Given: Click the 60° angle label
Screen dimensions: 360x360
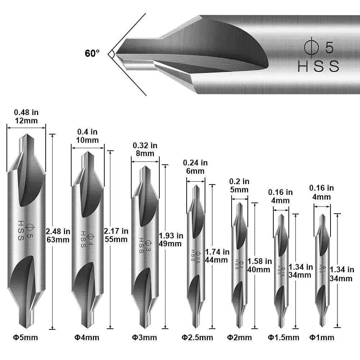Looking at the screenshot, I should [x=92, y=54].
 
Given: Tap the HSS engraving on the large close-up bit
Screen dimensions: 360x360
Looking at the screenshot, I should [x=318, y=67].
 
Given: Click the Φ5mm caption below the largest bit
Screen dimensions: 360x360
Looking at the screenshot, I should [x=26, y=337].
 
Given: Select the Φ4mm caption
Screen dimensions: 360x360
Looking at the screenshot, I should [x=87, y=337].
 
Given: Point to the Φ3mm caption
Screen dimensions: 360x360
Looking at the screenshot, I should [x=144, y=337].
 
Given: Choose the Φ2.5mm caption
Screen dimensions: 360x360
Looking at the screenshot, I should [x=197, y=337].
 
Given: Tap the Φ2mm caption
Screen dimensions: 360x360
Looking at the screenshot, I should [x=239, y=337].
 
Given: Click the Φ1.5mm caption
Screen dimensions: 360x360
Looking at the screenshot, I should [x=283, y=337].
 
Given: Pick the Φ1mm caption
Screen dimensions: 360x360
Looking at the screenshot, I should [x=322, y=337].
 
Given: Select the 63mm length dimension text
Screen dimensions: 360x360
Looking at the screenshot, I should [x=58, y=240].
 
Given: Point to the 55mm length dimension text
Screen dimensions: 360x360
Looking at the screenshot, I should [x=115, y=240].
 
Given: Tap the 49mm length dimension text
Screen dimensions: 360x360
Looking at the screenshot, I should [x=170, y=244].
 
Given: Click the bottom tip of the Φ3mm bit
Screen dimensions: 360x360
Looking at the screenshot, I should [x=145, y=328].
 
